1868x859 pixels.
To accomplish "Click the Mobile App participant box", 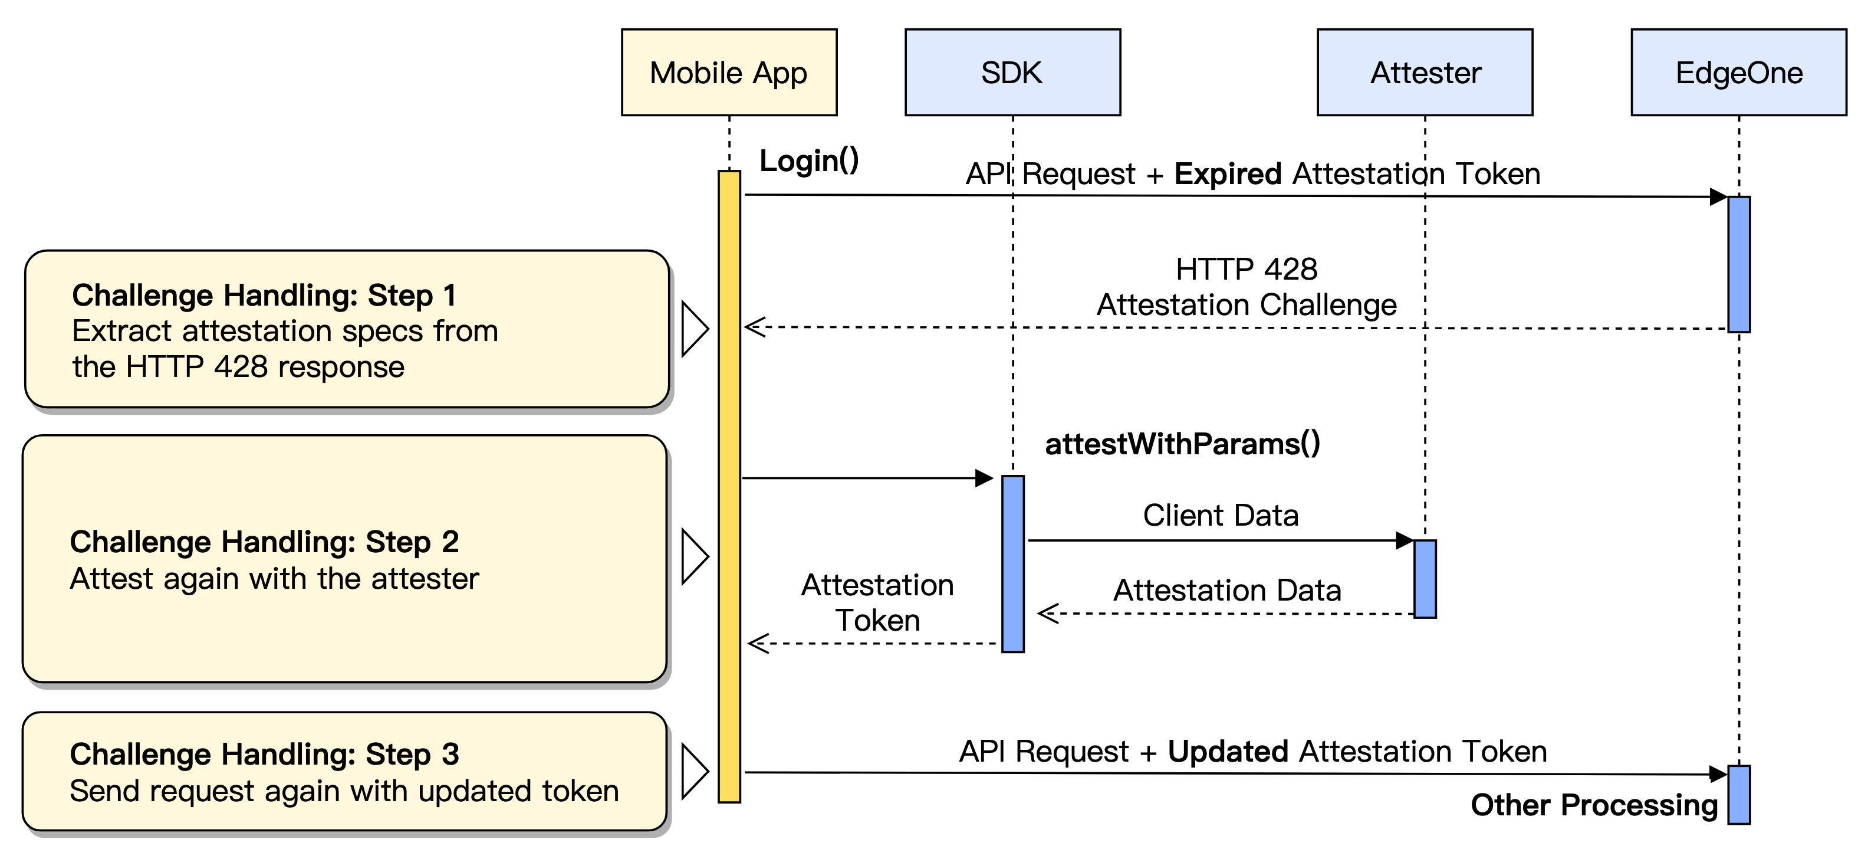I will tap(729, 73).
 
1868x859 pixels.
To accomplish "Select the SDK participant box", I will tap(1012, 73).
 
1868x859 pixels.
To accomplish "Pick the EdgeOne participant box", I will tap(1738, 73).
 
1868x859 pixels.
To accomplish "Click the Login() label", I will tap(808, 160).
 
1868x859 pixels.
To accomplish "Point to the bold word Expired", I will tap(1228, 174).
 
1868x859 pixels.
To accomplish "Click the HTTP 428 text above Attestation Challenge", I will tap(1246, 269).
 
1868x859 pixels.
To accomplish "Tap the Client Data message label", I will tap(1221, 515).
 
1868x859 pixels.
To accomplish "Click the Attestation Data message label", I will tap(1227, 590).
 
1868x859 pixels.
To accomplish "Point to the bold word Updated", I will tap(1228, 752).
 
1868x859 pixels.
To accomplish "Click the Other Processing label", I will tap(1594, 805).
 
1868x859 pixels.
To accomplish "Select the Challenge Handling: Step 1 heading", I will tap(264, 295).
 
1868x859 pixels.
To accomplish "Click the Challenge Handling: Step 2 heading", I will tap(264, 542).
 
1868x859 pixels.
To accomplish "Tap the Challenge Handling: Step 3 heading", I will tap(264, 755).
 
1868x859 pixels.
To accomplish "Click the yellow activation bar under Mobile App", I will tap(729, 486).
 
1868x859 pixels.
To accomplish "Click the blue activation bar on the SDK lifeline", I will tap(1012, 564).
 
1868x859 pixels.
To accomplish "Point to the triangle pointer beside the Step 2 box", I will tap(694, 556).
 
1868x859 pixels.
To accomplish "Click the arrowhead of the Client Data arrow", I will tap(1405, 540).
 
